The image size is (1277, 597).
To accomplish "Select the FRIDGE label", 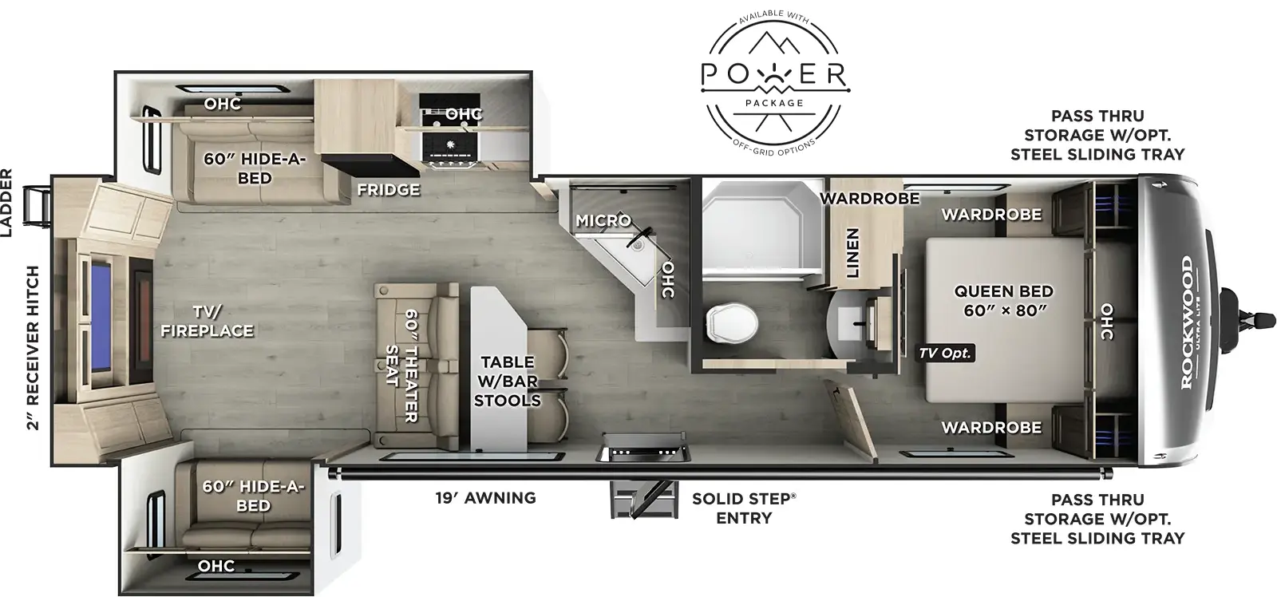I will pyautogui.click(x=389, y=189).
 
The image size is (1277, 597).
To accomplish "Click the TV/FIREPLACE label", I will pyautogui.click(x=207, y=321).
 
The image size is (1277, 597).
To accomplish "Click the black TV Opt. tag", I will pyautogui.click(x=945, y=353).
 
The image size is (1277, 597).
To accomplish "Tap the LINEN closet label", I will pyautogui.click(x=852, y=253).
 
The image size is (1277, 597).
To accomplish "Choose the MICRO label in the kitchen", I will pyautogui.click(x=603, y=220).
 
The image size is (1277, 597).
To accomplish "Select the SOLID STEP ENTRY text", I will pyautogui.click(x=743, y=508).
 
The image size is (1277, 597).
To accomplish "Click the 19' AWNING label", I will pyautogui.click(x=485, y=498).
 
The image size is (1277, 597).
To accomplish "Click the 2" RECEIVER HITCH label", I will pyautogui.click(x=33, y=347).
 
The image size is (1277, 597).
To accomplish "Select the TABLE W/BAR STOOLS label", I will pyautogui.click(x=507, y=381).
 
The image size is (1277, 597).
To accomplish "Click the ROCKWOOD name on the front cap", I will pyautogui.click(x=1186, y=322).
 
